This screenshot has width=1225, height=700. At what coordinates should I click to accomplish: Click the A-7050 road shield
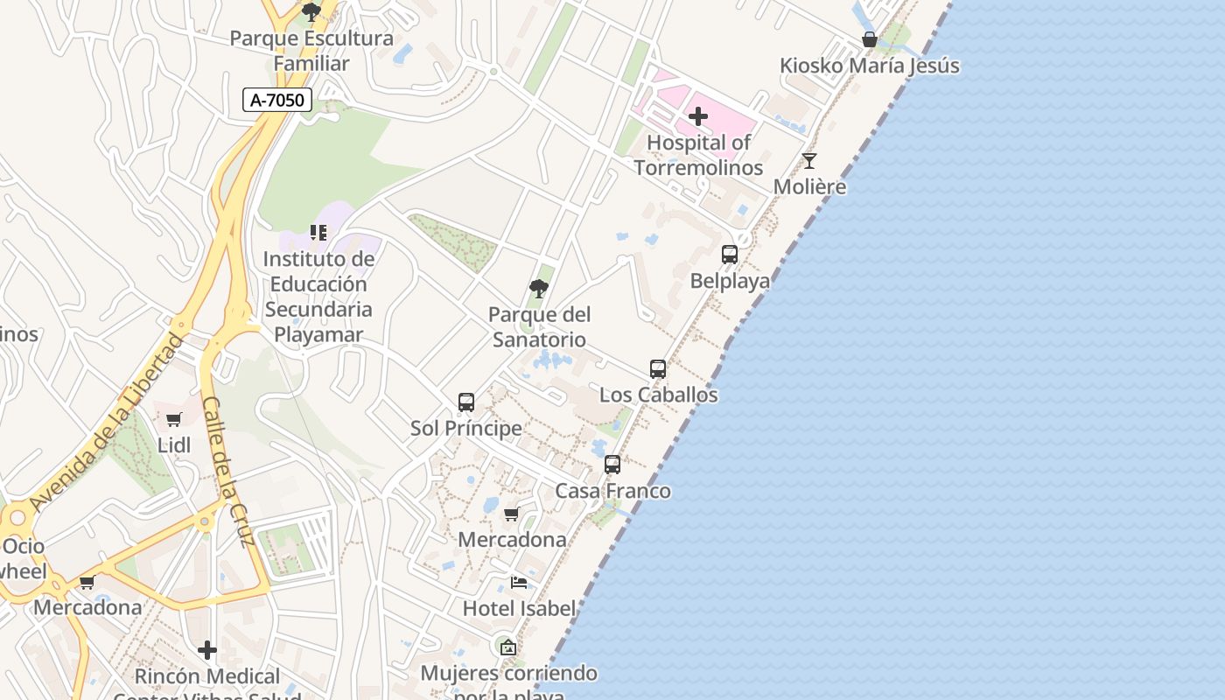(x=277, y=100)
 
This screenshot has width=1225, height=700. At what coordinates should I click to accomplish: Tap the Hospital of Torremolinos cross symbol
(x=698, y=116)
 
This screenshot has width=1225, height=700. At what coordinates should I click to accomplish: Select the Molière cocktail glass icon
(x=809, y=161)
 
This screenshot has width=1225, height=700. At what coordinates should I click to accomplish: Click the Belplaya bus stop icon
(x=730, y=255)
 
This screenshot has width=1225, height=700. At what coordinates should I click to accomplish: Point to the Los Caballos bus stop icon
(x=658, y=369)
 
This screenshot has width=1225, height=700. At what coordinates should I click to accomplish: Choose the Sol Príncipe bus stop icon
(x=466, y=402)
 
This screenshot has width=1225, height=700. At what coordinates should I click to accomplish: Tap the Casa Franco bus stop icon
(x=612, y=465)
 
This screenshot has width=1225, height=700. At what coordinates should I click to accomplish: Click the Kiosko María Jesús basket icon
(x=870, y=39)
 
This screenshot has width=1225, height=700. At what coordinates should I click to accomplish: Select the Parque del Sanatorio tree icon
(x=539, y=289)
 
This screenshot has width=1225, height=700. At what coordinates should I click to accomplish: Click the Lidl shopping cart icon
(x=174, y=420)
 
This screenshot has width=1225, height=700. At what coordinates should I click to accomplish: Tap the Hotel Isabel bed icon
(x=519, y=583)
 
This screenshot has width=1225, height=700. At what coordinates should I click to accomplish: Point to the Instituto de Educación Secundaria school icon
(x=318, y=233)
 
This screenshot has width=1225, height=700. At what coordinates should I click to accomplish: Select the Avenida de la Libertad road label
(x=108, y=423)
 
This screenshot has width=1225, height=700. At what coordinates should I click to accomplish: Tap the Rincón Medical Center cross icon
(x=207, y=650)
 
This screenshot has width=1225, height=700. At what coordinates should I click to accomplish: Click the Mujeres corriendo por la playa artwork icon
(x=507, y=648)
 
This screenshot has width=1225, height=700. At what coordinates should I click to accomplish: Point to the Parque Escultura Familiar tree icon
(x=311, y=12)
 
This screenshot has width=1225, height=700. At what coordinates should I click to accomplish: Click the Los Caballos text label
(x=658, y=395)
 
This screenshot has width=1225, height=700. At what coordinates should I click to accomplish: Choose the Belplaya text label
(x=730, y=281)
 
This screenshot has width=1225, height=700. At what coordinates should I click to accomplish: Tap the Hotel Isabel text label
(x=519, y=608)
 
